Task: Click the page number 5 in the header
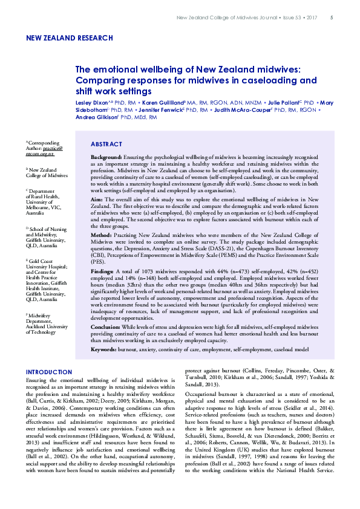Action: (x=331, y=17)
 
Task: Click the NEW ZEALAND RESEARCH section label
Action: (x=70, y=38)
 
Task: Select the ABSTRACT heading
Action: (x=106, y=144)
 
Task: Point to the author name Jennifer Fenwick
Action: (x=159, y=111)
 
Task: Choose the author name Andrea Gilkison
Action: (x=97, y=118)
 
